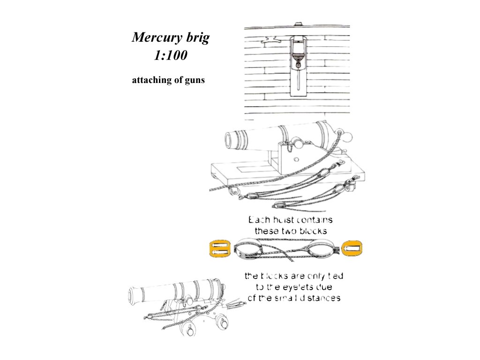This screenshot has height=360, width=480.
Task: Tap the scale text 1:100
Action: pos(171,56)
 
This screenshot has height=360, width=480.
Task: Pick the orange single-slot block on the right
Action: pos(353,248)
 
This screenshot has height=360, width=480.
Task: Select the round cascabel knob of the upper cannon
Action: pos(349,137)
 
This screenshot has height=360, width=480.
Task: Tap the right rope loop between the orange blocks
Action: pos(321,248)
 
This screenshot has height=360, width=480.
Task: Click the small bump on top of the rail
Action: pos(297,23)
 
